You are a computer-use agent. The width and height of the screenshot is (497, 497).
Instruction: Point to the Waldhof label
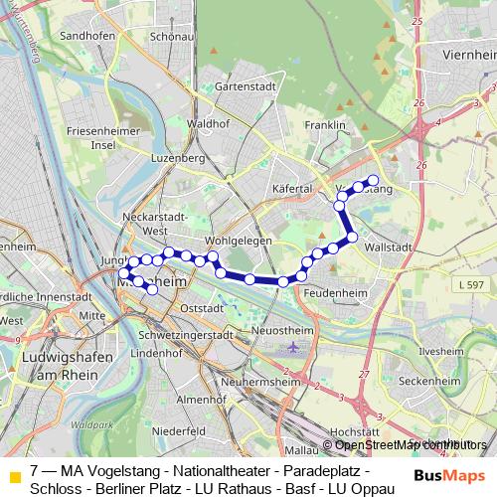coord(208,123)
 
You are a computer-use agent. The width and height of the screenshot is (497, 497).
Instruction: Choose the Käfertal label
coord(292,188)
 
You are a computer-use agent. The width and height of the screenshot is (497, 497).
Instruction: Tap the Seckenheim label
coord(435,381)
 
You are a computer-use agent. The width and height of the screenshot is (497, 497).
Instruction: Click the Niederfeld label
coord(179,431)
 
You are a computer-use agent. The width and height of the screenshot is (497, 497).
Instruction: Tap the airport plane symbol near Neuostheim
coord(292,348)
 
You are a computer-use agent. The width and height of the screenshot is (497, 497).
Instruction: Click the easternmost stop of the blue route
coord(374,180)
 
